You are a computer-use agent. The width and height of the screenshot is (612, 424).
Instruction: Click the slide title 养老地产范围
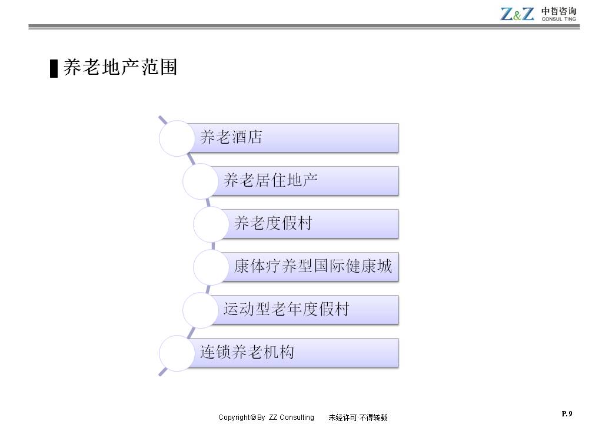pyautogui.click(x=120, y=67)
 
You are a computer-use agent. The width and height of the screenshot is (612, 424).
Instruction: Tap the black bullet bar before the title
pyautogui.click(x=54, y=69)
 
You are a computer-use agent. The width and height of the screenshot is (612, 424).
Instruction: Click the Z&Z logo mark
pyautogui.click(x=517, y=14)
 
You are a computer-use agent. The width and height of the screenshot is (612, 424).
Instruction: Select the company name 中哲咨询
pyautogui.click(x=558, y=11)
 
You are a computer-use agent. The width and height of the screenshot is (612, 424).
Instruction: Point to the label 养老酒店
pyautogui.click(x=231, y=137)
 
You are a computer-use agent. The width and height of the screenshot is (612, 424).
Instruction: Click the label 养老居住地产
pyautogui.click(x=271, y=180)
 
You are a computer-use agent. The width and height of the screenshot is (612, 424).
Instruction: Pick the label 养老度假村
pyautogui.click(x=273, y=223)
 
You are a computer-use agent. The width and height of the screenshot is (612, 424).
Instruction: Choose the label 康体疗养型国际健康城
pyautogui.click(x=313, y=266)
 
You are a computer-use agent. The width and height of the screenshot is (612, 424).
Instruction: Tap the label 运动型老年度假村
pyautogui.click(x=286, y=309)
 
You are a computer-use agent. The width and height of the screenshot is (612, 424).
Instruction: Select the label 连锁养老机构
pyautogui.click(x=247, y=352)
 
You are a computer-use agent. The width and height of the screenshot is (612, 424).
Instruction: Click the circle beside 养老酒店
pyautogui.click(x=177, y=138)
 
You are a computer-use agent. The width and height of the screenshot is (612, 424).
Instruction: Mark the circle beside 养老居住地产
pyautogui.click(x=201, y=181)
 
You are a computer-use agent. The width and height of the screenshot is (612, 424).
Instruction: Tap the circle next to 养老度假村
pyautogui.click(x=211, y=224)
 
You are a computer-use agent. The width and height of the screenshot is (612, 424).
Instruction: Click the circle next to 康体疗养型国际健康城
pyautogui.click(x=211, y=267)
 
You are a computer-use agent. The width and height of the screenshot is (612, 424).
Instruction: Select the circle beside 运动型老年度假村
pyautogui.click(x=201, y=310)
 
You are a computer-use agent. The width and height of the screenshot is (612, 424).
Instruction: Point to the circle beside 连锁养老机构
pyautogui.click(x=177, y=353)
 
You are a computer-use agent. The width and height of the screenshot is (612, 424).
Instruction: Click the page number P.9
pyautogui.click(x=567, y=413)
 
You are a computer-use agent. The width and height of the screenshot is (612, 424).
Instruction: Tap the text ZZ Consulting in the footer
pyautogui.click(x=291, y=418)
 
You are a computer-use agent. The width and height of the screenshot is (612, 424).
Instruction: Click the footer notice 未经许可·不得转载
pyautogui.click(x=358, y=418)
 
